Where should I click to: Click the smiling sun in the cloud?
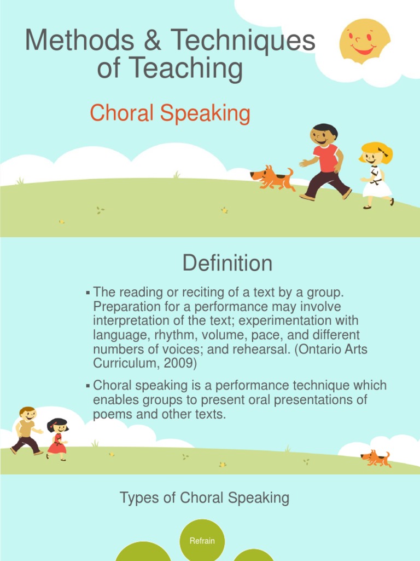pos(364,41)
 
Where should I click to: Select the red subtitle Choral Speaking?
pos(170,113)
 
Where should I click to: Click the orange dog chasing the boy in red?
pos(272,178)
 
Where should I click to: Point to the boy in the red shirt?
pos(325,162)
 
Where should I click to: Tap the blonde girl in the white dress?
pos(376,175)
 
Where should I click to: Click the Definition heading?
pos(227,264)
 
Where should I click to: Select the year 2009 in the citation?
pos(184,363)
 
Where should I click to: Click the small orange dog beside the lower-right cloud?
pos(376,458)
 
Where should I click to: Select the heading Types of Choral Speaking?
pos(204,498)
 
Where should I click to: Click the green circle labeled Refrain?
pos(202,540)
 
